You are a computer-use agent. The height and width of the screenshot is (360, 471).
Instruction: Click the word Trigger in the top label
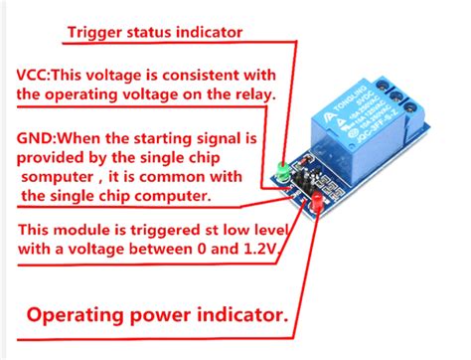pos(97,31)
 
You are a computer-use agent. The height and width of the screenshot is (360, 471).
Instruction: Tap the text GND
pos(35,134)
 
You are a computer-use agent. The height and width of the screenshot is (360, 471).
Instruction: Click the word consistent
pos(200,76)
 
